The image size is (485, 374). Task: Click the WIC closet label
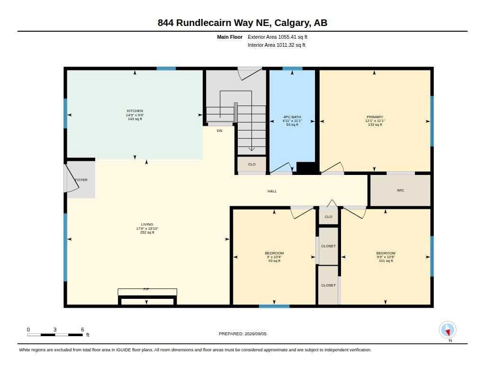(x=400, y=190)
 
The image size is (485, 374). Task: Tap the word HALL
(x=272, y=191)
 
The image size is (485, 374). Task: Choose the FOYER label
(x=81, y=180)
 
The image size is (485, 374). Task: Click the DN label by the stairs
(x=219, y=130)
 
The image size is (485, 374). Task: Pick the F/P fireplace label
(x=146, y=289)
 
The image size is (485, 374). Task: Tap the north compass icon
(x=448, y=330)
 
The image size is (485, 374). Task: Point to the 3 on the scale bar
(x=55, y=330)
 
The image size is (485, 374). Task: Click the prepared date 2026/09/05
(x=255, y=334)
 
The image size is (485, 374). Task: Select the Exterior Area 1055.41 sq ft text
(x=278, y=37)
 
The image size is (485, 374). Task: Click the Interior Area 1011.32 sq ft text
(x=277, y=45)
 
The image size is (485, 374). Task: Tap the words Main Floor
(x=230, y=37)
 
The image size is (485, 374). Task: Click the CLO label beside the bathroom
(x=252, y=164)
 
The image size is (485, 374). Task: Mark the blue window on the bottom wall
(x=274, y=306)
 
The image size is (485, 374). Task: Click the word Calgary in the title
(x=292, y=23)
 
